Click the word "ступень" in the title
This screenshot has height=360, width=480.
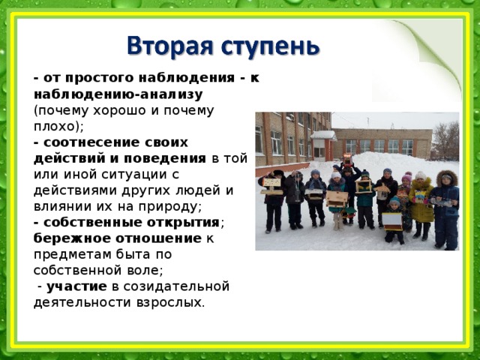pos(265,48)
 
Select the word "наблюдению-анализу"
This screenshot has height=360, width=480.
pos(118,94)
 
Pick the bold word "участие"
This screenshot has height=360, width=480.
pos(76,286)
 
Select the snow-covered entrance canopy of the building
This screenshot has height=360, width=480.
pos(323,135)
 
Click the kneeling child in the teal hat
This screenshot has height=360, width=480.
pos(393,218)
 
